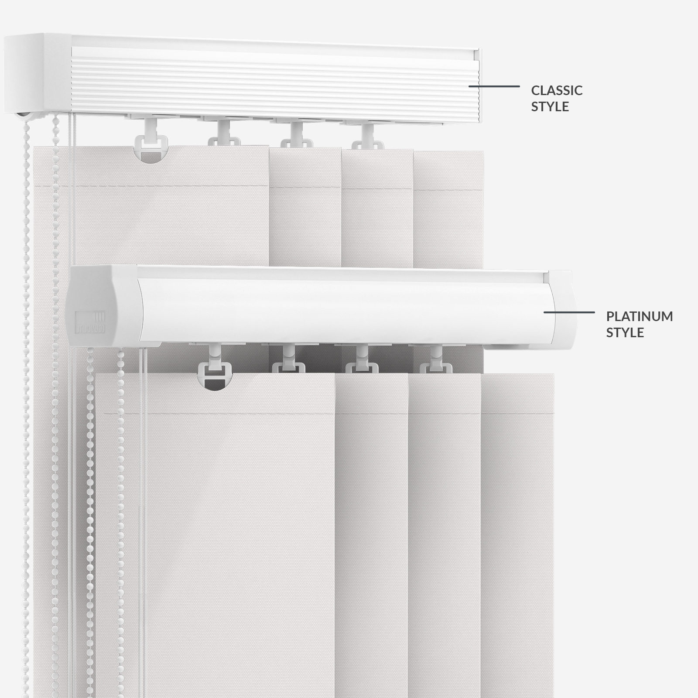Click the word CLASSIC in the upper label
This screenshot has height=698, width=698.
(x=557, y=90)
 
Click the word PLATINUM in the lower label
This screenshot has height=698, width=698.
(x=640, y=316)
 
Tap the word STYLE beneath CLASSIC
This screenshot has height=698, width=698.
(x=550, y=106)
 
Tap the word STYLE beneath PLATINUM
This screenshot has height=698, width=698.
(x=625, y=333)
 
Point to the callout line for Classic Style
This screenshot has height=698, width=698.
(x=494, y=86)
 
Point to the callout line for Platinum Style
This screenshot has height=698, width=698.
(x=569, y=312)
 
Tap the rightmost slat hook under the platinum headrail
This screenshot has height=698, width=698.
(x=435, y=360)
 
